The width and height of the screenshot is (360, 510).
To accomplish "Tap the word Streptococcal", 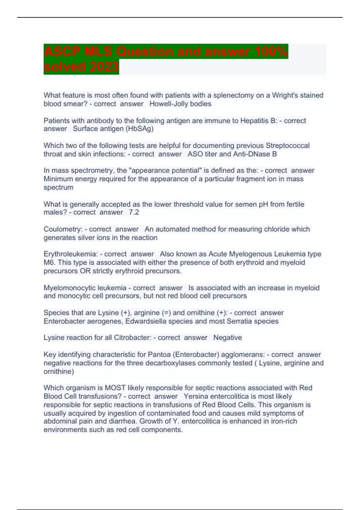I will [x=287, y=145].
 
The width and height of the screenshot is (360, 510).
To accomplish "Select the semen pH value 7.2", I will [x=134, y=212].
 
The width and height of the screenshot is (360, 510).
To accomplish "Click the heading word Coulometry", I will [x=63, y=229].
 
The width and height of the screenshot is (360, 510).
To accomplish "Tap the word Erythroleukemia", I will [x=71, y=254].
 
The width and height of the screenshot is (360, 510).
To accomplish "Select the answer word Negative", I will [x=227, y=338].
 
